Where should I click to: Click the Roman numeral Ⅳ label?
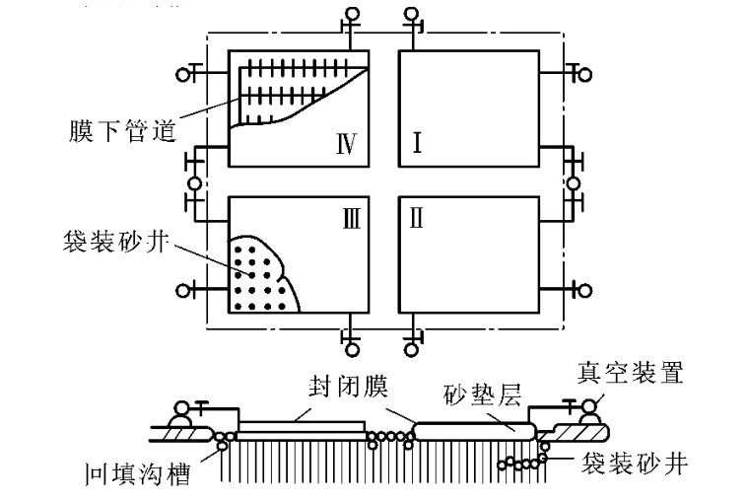tap(346, 143)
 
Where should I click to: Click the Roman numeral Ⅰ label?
tap(417, 143)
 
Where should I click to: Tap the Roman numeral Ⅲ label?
tap(352, 219)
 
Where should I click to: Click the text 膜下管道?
tap(122, 131)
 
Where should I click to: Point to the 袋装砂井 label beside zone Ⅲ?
tap(115, 241)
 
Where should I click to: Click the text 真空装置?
tap(630, 373)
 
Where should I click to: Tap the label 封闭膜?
tap(348, 387)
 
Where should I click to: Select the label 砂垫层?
tap(482, 394)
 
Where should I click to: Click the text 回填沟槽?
tap(138, 473)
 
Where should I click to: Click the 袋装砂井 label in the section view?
tap(635, 463)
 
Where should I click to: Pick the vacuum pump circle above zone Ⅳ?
tap(352, 14)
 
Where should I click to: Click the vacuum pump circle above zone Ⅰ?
tap(412, 14)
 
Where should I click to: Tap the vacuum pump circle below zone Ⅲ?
tap(352, 350)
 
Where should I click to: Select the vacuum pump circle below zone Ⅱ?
tap(412, 350)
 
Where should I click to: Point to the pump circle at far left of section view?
tap(182, 408)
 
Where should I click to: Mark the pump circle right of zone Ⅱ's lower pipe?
tap(584, 290)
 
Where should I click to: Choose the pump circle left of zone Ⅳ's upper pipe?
tap(183, 75)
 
